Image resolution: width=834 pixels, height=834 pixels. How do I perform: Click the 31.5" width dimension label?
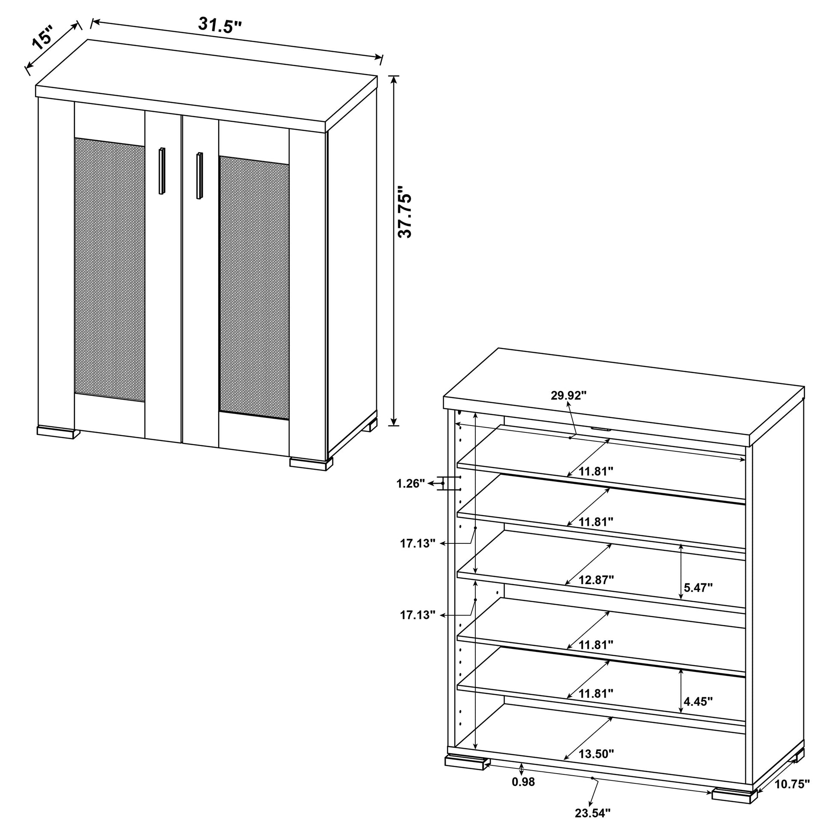220,25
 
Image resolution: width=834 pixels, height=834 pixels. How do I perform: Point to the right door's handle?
199,175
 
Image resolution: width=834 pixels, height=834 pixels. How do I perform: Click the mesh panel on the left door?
110,270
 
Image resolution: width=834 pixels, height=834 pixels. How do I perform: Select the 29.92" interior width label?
569,396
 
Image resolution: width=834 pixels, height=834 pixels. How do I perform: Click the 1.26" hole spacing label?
411,483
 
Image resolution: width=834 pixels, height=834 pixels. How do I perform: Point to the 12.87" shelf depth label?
597,580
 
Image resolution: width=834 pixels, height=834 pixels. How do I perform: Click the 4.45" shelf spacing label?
698,702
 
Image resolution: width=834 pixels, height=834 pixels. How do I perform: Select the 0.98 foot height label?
523,794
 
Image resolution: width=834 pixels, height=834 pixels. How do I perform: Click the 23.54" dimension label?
593,825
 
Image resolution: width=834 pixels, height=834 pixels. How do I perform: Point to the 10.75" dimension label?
792,796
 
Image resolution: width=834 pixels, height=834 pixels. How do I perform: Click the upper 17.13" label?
417,543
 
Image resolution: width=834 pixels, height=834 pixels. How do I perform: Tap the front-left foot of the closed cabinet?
58,432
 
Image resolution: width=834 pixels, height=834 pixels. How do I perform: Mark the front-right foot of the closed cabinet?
311,464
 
